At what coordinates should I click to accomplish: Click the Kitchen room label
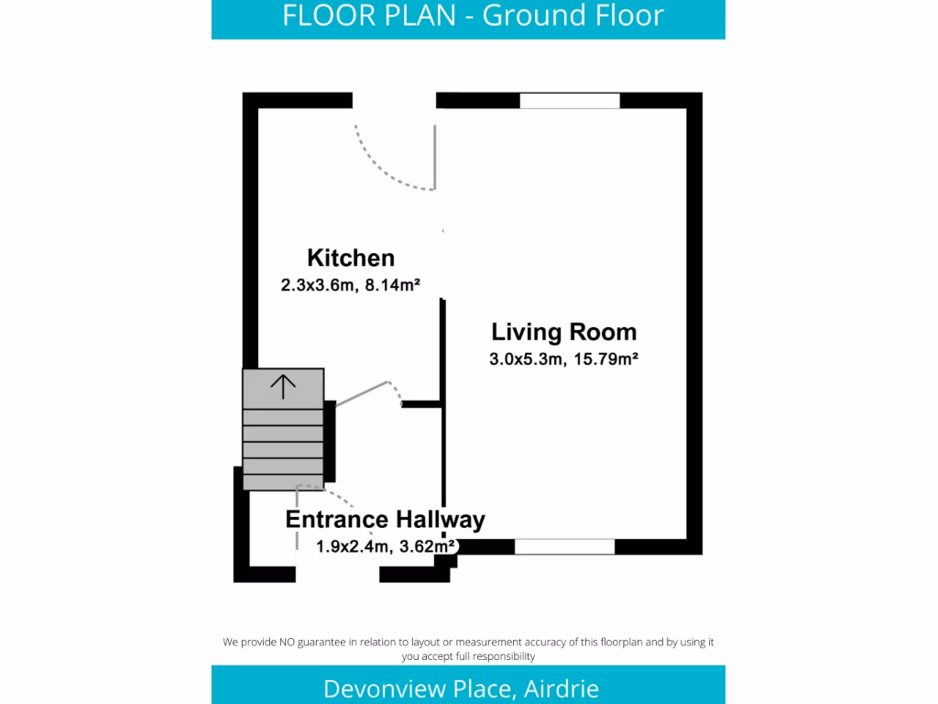coord(351,258)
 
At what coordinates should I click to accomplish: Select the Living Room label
coord(563,332)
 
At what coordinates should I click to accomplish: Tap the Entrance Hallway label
coord(385,520)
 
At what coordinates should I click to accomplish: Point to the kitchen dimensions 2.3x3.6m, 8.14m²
coord(350,285)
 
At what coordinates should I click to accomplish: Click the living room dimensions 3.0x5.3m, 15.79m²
coord(563,359)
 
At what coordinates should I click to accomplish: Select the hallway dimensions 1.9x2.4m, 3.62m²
coord(386,546)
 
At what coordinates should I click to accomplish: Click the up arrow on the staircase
coord(283,387)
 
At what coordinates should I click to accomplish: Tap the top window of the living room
coord(570,101)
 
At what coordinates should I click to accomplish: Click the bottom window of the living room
coord(564,546)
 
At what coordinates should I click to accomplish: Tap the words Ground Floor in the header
coord(573,16)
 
